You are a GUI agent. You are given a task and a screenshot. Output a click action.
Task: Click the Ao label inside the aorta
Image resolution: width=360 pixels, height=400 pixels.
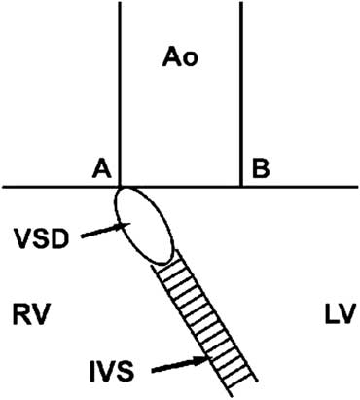[180, 58]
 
